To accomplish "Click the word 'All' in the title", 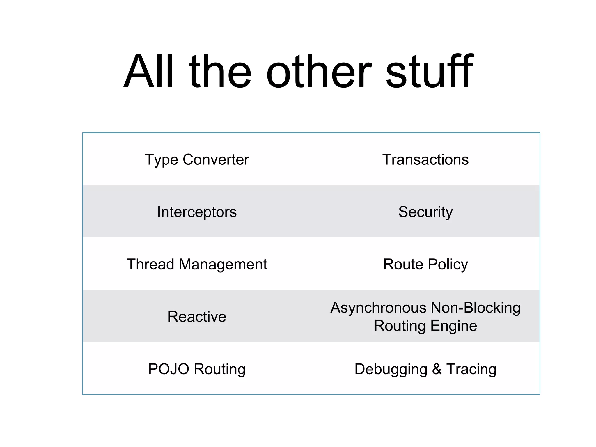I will tap(148, 71).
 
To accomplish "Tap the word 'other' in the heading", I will tap(319, 71).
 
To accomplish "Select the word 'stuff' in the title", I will tap(429, 71).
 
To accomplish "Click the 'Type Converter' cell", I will tap(197, 159).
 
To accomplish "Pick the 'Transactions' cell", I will tap(425, 159).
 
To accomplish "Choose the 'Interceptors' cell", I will tap(197, 212).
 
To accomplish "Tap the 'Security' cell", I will tap(425, 212).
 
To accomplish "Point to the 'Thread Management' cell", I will tap(197, 264).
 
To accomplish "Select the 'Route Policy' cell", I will tap(425, 264).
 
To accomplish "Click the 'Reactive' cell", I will tap(197, 317).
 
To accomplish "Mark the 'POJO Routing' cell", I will tap(197, 369).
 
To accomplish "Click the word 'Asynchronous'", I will tap(378, 308).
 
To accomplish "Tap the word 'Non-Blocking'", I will tap(476, 308).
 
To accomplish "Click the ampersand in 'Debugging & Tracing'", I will tap(437, 369).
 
